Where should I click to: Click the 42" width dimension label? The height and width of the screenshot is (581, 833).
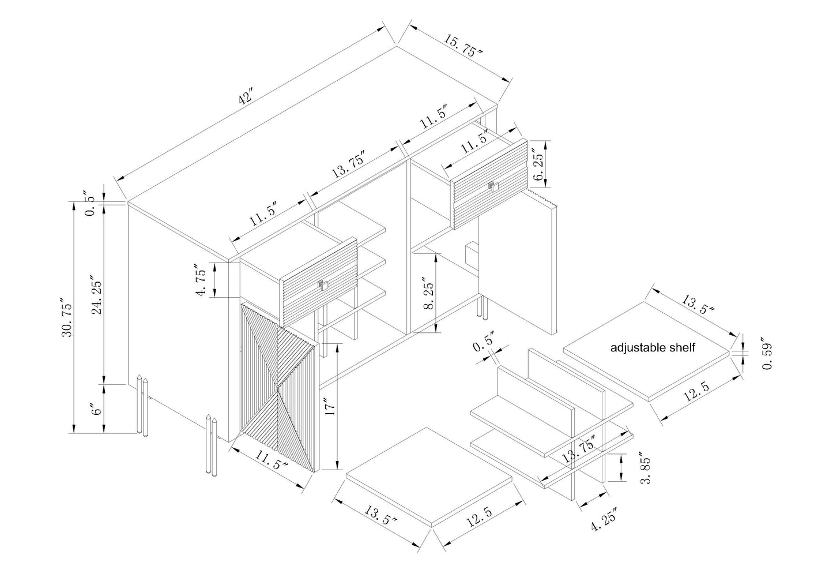246,97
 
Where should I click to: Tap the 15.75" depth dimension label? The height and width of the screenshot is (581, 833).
462,46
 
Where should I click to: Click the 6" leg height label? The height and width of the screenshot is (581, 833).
96,409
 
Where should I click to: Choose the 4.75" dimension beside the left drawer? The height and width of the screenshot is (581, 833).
201,280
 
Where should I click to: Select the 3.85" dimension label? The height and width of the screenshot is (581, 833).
645,469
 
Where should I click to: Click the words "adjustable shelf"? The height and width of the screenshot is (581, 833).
653,348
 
